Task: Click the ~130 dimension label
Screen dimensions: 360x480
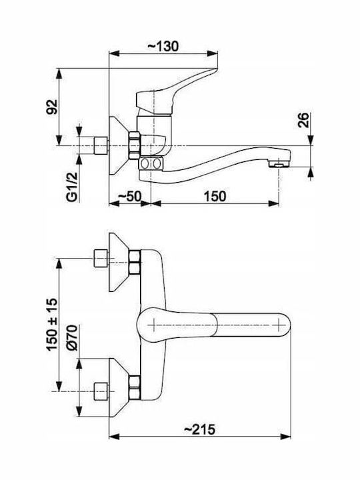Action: click(163, 46)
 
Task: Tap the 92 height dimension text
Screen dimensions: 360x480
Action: click(52, 107)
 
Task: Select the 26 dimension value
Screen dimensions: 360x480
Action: click(303, 120)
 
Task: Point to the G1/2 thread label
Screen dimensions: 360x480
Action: click(72, 187)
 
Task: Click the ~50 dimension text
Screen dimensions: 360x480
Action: click(129, 196)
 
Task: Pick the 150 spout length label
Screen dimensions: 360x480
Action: click(215, 196)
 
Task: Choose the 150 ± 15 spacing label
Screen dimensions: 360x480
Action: click(52, 325)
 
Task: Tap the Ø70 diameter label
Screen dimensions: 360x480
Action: click(72, 337)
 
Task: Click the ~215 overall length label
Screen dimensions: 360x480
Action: click(199, 429)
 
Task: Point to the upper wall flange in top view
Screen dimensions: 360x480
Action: click(119, 263)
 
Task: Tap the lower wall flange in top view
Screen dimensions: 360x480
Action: click(119, 387)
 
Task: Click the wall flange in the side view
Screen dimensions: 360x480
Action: click(119, 146)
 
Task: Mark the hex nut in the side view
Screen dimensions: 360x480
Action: click(135, 146)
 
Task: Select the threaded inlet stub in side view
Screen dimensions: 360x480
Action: click(101, 146)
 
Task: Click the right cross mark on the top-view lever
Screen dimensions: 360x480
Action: click(279, 325)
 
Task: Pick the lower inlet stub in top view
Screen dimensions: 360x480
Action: click(101, 391)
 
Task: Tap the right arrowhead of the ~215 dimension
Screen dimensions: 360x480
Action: click(285, 437)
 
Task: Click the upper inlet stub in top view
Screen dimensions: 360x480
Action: click(101, 259)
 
